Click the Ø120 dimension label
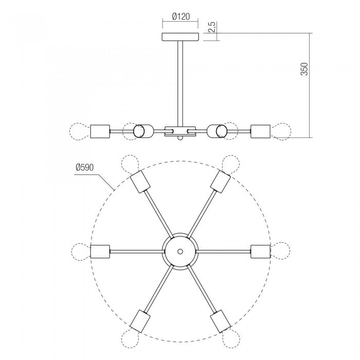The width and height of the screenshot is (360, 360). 181,16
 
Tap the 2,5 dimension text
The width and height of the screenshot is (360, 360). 212,27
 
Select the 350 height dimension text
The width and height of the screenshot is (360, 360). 304,69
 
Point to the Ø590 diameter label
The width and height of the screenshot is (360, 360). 85,167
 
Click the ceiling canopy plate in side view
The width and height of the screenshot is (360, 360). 181,37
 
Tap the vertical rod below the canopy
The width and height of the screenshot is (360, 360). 180,83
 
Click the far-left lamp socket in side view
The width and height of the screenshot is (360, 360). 100,131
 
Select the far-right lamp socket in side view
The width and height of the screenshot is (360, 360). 261,131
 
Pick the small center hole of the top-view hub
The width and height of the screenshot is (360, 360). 180,251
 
